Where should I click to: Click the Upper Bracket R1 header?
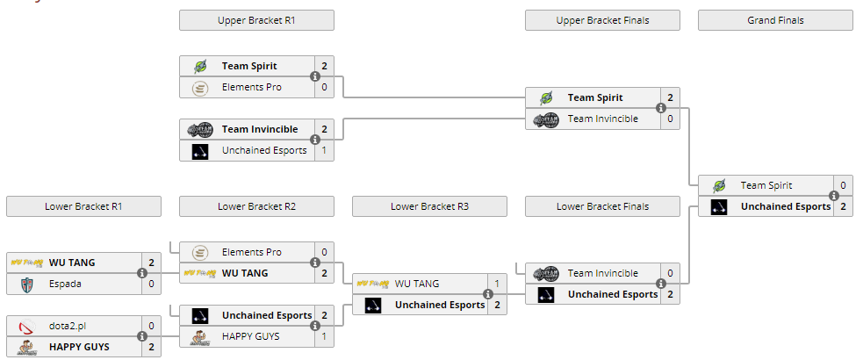click(256, 20)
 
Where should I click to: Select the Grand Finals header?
click(775, 20)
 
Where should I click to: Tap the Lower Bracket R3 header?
click(429, 206)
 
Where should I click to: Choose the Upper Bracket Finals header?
click(602, 20)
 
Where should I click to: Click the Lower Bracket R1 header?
click(83, 206)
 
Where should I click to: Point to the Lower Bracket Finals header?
click(602, 206)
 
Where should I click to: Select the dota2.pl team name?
click(68, 326)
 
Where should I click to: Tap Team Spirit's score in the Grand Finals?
click(843, 185)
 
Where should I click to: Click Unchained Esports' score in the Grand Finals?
click(843, 206)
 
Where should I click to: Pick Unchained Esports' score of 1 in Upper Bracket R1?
click(324, 150)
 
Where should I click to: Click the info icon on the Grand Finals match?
click(834, 196)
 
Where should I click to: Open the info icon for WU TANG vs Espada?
click(142, 273)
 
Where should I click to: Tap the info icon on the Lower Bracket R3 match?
click(487, 294)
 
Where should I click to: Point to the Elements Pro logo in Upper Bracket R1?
click(200, 87)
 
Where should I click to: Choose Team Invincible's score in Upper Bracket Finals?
click(671, 119)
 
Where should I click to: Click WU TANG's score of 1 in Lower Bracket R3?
click(497, 284)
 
